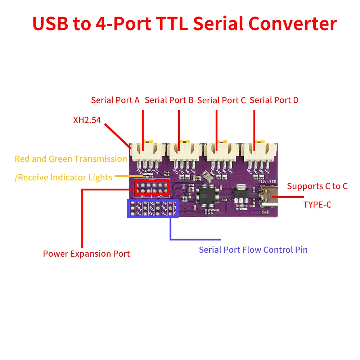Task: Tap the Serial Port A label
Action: click(x=115, y=100)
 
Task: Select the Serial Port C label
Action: click(x=221, y=100)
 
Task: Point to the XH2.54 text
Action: click(x=87, y=120)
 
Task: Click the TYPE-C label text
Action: click(x=317, y=204)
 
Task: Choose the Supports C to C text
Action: click(x=317, y=186)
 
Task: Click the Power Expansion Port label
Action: click(x=86, y=254)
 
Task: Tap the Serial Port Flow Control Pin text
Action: click(x=253, y=249)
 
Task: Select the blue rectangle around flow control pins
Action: click(x=152, y=208)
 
